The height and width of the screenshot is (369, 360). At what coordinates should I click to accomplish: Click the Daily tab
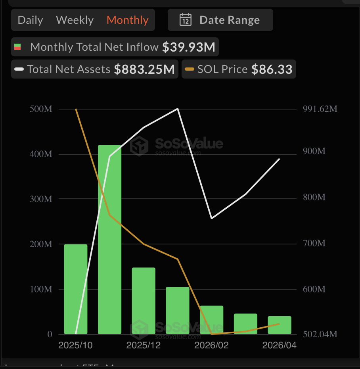pos(30,20)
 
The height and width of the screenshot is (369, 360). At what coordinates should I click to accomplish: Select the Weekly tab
pos(75,20)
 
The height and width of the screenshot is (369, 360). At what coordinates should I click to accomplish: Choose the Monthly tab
pos(128,20)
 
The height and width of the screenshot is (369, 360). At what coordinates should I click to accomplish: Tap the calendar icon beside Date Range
pos(186,20)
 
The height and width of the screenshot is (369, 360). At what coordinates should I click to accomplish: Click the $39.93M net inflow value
pos(189,47)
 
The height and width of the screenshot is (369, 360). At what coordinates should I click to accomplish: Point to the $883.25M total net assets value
pos(144,69)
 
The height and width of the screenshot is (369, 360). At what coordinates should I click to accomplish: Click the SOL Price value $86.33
pos(272,69)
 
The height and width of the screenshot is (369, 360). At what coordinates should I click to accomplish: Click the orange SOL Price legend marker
pos(190,69)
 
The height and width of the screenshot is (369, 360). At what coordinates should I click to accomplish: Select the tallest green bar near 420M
pos(109,238)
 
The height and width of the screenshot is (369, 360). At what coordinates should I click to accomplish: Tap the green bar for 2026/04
pos(280,325)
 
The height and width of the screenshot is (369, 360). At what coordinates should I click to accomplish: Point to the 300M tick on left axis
pos(41,199)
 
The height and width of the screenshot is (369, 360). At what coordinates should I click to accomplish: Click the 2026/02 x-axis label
pos(211,346)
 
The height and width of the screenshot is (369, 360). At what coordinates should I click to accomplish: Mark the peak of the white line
pos(178,109)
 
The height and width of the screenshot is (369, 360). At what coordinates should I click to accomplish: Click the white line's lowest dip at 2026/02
pos(212,218)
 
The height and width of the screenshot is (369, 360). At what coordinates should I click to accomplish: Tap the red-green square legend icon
pos(17,47)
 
